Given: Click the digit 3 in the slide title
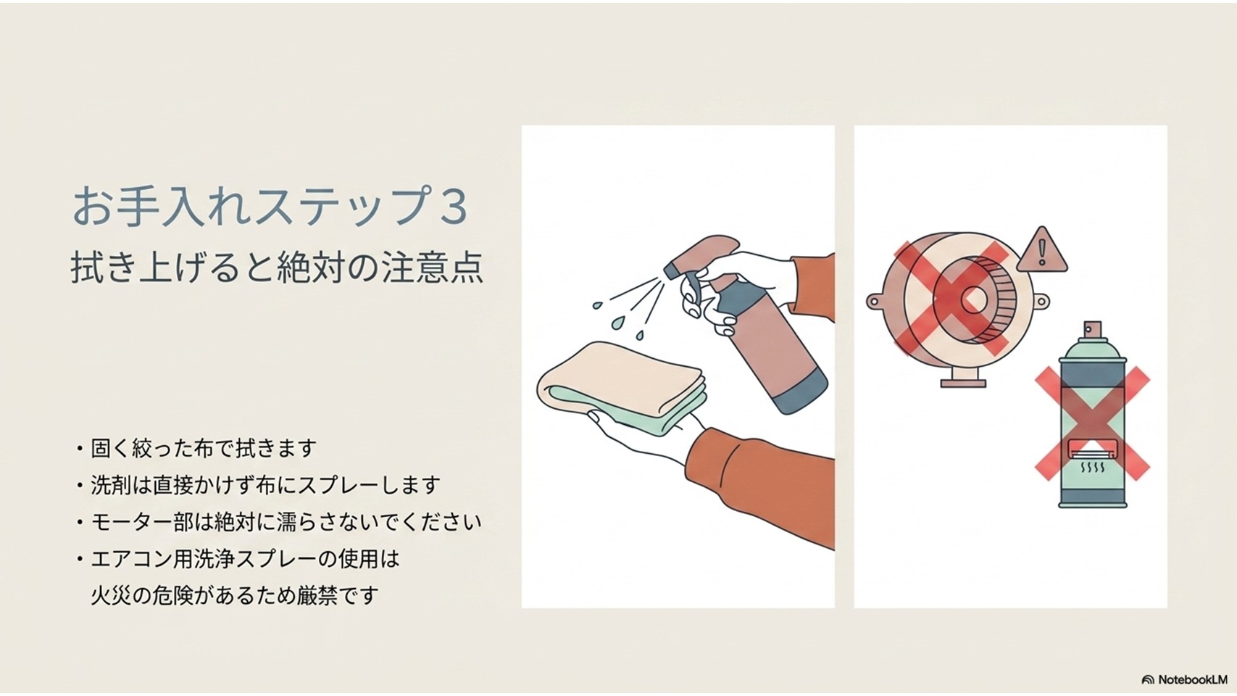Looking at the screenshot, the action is pyautogui.click(x=453, y=206).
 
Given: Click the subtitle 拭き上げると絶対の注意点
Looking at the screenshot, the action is pyautogui.click(x=278, y=268).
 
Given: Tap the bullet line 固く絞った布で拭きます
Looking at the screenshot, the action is pyautogui.click(x=204, y=448).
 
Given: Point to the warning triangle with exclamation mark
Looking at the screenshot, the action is pyautogui.click(x=1041, y=252).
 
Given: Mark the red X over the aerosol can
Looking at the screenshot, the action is pyautogui.click(x=1092, y=423).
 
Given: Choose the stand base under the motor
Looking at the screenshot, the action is pyautogui.click(x=963, y=381).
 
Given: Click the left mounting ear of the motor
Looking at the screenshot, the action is pyautogui.click(x=876, y=302).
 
